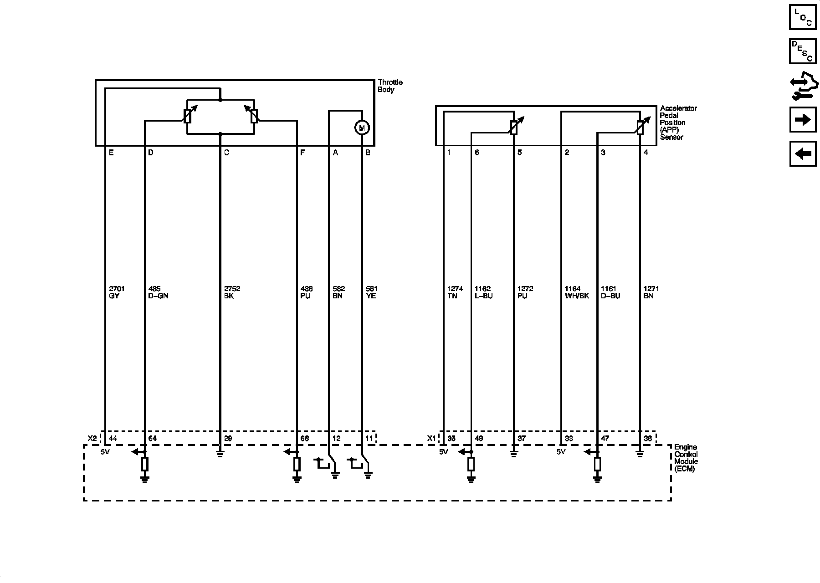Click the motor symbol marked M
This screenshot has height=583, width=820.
[x=362, y=128]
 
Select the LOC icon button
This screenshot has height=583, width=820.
[x=803, y=17]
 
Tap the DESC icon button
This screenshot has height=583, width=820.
[x=803, y=51]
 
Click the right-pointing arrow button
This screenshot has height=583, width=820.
[x=803, y=120]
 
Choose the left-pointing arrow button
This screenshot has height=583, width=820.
[x=803, y=154]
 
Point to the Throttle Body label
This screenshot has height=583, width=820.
[x=390, y=86]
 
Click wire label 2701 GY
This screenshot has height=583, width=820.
[x=117, y=292]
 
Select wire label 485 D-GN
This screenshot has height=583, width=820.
[x=159, y=292]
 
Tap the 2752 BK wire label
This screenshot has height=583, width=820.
[x=232, y=292]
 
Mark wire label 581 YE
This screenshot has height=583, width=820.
[x=372, y=292]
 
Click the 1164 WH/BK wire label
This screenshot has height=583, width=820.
[x=577, y=292]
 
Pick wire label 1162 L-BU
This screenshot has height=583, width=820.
[x=483, y=292]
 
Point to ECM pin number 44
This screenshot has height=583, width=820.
[x=113, y=439]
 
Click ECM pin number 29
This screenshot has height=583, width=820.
[x=228, y=439]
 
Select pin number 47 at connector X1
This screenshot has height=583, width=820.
[x=605, y=439]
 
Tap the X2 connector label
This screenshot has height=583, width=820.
[x=92, y=439]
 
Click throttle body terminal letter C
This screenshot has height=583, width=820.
[x=226, y=153]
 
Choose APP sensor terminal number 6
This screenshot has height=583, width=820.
[x=477, y=153]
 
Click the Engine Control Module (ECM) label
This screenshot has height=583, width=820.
[x=686, y=458]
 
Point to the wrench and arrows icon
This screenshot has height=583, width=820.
[x=803, y=87]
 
